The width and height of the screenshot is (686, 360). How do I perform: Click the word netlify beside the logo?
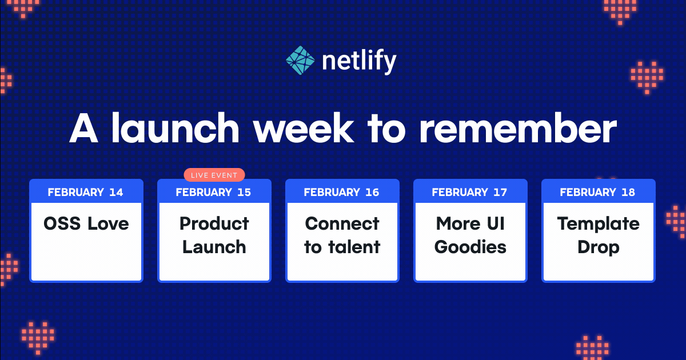(358, 61)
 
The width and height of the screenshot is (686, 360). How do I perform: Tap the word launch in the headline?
(175, 130)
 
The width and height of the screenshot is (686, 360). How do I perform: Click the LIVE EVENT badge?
(214, 175)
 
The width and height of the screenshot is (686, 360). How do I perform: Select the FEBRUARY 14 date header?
(86, 192)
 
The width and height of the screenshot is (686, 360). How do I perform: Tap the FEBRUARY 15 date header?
(214, 192)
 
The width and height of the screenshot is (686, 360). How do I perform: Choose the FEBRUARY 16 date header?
(342, 192)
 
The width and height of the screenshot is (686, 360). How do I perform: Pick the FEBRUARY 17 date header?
(470, 192)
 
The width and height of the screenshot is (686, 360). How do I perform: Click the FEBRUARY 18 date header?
(598, 192)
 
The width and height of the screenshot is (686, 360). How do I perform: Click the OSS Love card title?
(86, 223)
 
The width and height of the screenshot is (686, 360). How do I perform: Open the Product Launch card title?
(214, 235)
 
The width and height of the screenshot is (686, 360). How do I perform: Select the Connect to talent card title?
(342, 235)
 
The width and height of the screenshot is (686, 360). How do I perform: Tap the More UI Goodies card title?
(470, 235)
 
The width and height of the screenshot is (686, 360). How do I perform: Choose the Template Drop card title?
(598, 235)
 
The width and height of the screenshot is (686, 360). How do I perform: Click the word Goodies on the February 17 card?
(470, 247)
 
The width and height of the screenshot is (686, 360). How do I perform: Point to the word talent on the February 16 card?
(358, 247)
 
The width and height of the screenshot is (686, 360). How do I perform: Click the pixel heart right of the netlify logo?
(647, 77)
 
